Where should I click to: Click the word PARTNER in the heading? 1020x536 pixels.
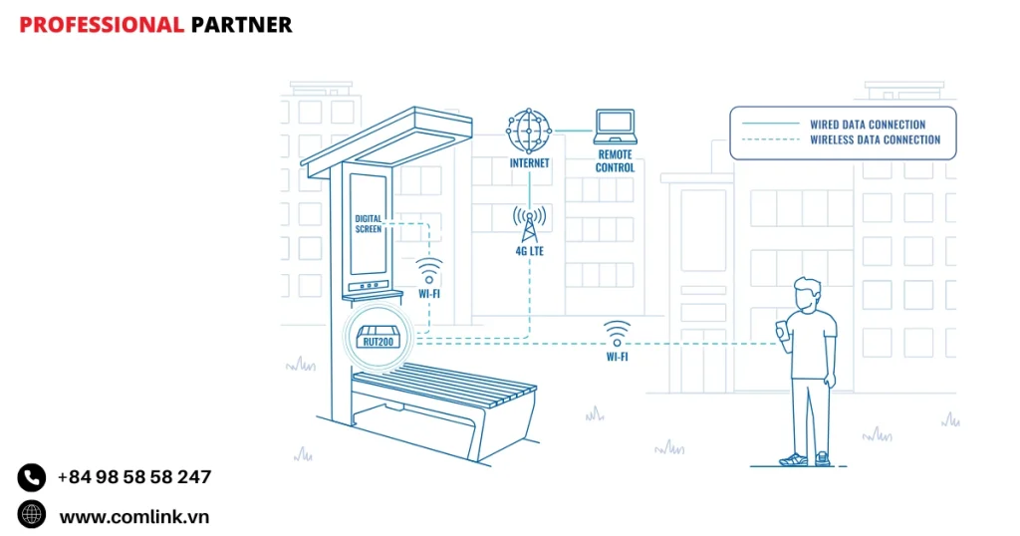coord(241,25)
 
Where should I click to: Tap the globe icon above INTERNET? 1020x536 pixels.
coord(529,130)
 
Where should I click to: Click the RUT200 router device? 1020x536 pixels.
coord(379,339)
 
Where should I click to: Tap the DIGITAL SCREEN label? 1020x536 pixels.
coord(369,223)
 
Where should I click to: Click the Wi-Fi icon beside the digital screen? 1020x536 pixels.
coord(429,271)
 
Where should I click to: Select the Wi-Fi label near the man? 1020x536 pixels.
coord(617,357)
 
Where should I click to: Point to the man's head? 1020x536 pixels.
coord(808,294)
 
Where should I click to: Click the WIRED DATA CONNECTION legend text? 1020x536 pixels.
coord(867,125)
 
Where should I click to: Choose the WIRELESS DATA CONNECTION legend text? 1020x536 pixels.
coord(875,140)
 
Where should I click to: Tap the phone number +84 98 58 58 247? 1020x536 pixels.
coord(134,477)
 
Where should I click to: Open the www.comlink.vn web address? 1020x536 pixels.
coord(134,516)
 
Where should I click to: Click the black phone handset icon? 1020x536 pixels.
coord(32,478)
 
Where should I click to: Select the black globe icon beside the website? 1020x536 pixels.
coord(32,514)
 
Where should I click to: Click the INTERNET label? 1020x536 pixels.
coord(529,162)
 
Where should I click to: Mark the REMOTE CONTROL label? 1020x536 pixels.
coord(615,161)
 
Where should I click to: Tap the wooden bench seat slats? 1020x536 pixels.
coord(448,389)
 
